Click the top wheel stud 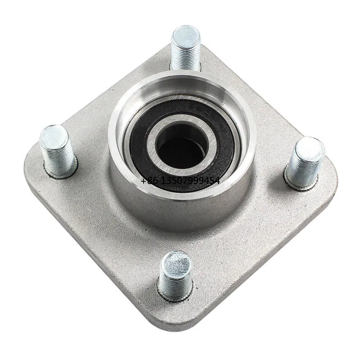186,49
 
